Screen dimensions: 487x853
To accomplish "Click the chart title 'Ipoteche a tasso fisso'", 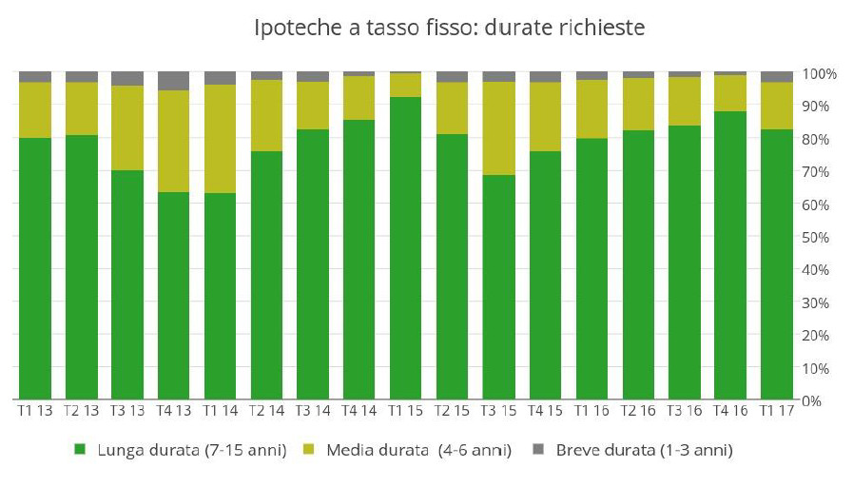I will [x=450, y=29].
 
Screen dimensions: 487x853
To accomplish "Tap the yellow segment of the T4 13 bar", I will [x=174, y=141].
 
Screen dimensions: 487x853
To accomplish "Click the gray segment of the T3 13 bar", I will [x=127, y=78].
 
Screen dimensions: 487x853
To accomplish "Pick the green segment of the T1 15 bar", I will [x=406, y=247].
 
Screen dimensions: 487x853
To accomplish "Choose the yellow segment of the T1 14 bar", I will [x=220, y=139].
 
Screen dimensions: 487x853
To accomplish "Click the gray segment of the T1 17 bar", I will [x=777, y=76].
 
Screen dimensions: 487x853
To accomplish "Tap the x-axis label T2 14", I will [x=266, y=411].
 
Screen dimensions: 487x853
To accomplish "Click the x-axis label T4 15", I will [x=545, y=411].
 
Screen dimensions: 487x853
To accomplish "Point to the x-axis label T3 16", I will [x=684, y=411].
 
